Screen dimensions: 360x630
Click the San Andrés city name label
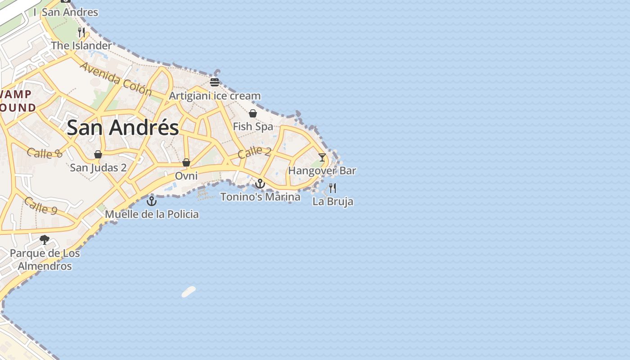[x=123, y=128]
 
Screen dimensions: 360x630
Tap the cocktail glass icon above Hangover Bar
[x=322, y=157]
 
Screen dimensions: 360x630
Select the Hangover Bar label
[x=322, y=171]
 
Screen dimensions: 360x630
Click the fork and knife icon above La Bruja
[x=333, y=188]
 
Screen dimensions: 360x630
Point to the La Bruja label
[x=333, y=201]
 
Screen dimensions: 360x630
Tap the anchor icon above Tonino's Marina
[x=260, y=184]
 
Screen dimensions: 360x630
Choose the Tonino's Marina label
[x=260, y=197]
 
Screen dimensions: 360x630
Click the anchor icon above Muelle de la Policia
[x=152, y=201]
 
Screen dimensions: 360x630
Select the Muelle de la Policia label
[x=152, y=214]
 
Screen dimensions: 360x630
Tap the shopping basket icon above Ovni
[x=186, y=162]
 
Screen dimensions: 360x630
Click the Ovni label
[x=186, y=175]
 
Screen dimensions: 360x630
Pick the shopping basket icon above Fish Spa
[x=253, y=113]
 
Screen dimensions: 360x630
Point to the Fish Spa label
[x=253, y=126]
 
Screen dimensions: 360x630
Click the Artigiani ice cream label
[x=215, y=96]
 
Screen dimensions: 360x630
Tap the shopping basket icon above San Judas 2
[x=98, y=155]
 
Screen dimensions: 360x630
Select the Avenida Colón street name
[x=116, y=79]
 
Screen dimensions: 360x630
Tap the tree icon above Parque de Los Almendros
[x=45, y=240]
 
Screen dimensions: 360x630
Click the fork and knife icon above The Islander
[x=81, y=32]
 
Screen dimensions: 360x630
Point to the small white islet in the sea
[x=189, y=292]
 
